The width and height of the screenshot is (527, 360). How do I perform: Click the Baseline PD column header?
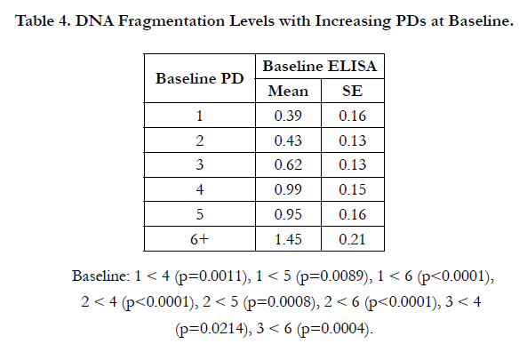(200, 78)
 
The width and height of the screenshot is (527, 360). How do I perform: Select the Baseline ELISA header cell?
(319, 66)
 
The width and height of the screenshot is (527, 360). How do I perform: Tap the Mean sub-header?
(288, 91)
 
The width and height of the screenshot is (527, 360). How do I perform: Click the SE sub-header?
(352, 91)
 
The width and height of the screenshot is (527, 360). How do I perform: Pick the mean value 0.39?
(288, 116)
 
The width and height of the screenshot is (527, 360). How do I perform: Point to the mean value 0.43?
(288, 140)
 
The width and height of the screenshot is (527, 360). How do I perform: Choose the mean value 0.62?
(288, 164)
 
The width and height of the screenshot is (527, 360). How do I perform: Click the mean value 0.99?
(288, 189)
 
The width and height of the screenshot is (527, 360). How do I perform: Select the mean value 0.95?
(288, 214)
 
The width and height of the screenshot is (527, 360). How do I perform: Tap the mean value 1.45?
(288, 239)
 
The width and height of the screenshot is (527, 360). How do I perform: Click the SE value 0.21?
(352, 239)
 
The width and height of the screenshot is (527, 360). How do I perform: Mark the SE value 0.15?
(352, 189)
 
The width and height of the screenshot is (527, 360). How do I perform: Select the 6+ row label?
(200, 239)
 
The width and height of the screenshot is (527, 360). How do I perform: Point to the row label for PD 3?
(200, 164)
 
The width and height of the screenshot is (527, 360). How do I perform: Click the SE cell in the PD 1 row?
(352, 116)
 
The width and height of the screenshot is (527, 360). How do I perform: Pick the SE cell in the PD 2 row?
(352, 140)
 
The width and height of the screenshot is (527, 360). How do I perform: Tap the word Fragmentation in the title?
(172, 21)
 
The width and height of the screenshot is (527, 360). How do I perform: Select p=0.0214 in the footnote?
(213, 328)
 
